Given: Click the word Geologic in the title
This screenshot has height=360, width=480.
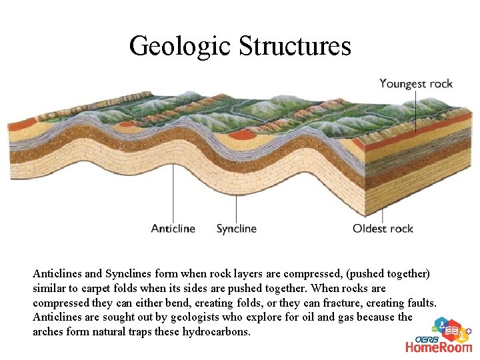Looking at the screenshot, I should [179, 47].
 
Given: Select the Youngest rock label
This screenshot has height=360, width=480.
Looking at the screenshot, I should [416, 84].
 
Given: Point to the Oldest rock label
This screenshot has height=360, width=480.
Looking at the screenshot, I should [383, 229].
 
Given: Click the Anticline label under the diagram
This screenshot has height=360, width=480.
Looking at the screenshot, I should [173, 229].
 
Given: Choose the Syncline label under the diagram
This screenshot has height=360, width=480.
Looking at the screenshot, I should [237, 229].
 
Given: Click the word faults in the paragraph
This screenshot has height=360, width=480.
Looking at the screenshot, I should [421, 303].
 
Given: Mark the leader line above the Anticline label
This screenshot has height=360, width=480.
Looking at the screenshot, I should [174, 193].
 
